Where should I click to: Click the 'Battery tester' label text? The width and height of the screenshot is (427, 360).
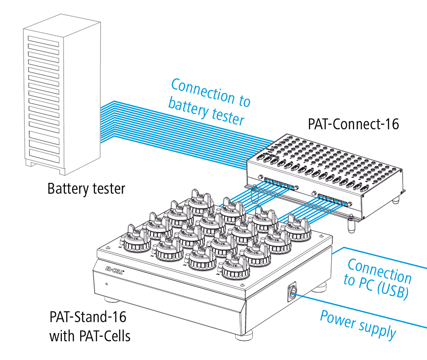tap(86, 188)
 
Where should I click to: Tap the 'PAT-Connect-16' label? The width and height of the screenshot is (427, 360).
tap(353, 124)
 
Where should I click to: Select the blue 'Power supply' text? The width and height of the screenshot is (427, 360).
tap(358, 324)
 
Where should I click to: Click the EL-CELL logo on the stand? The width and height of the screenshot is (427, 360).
tap(115, 270)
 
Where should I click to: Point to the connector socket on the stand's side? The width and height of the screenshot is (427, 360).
tap(292, 292)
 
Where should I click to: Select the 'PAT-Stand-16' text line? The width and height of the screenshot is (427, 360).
tap(88, 317)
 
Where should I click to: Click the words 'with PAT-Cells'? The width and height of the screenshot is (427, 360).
tap(90, 336)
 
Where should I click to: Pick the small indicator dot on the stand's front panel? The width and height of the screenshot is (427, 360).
tap(106, 284)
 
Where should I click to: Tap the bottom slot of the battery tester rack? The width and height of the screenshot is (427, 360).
tap(44, 155)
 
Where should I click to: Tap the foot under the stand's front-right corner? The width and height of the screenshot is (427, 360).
tap(244, 335)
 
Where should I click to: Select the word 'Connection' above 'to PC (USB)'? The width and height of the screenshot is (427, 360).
tap(380, 270)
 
